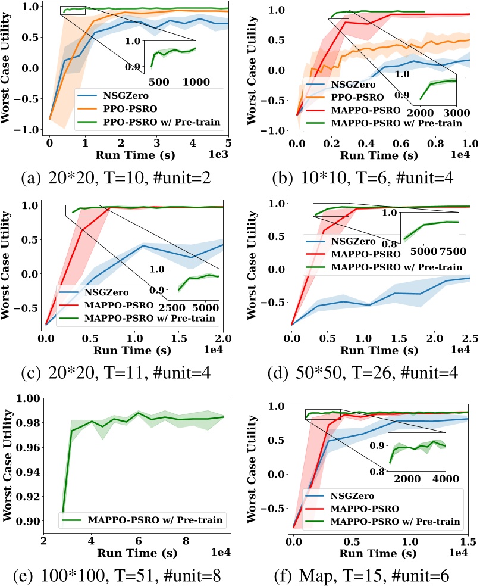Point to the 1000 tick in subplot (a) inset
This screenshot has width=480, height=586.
pos(186,82)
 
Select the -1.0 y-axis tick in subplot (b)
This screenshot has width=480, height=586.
pos(280,130)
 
